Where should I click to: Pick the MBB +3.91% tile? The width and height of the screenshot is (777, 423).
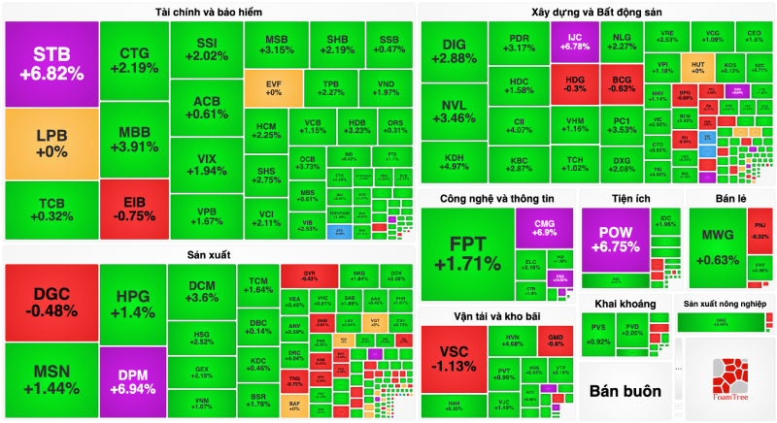point(133,140)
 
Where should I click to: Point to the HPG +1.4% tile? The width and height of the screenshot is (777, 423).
point(133,304)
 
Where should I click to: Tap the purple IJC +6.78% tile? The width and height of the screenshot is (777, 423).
point(572,41)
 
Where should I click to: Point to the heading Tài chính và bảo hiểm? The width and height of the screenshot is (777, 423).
point(210,12)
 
